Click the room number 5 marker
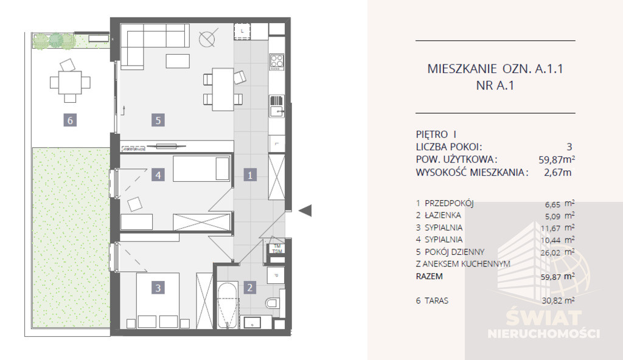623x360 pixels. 158,120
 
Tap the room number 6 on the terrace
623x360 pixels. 70,120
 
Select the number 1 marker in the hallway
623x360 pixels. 250,175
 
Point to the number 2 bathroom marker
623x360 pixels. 249,287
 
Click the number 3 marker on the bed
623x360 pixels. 158,288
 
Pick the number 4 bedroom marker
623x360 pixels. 158,175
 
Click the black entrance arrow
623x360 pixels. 305,210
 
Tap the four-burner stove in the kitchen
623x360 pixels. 277,61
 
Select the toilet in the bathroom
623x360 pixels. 273,303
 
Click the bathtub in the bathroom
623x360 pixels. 228,305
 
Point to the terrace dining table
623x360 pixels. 70,82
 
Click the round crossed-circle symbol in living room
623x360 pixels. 207,38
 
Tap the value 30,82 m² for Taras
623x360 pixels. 559,300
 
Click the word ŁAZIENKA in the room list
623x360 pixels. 443,215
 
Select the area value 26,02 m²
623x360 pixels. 559,252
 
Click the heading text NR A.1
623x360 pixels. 495,85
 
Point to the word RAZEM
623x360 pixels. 429,276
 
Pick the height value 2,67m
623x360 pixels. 558,173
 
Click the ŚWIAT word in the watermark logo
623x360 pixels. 543,318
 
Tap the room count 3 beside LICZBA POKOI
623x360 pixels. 569,147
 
